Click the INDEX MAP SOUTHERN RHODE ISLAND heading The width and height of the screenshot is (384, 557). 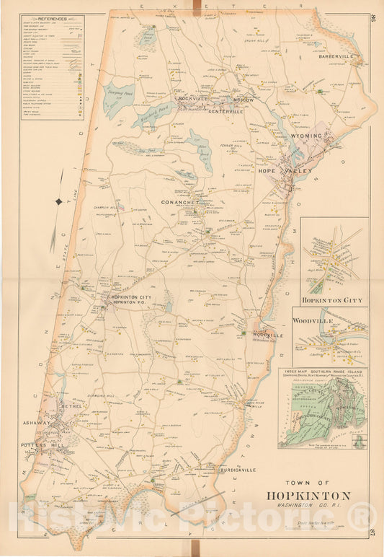tap(322, 372)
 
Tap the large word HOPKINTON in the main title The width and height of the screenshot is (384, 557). tap(308, 495)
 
